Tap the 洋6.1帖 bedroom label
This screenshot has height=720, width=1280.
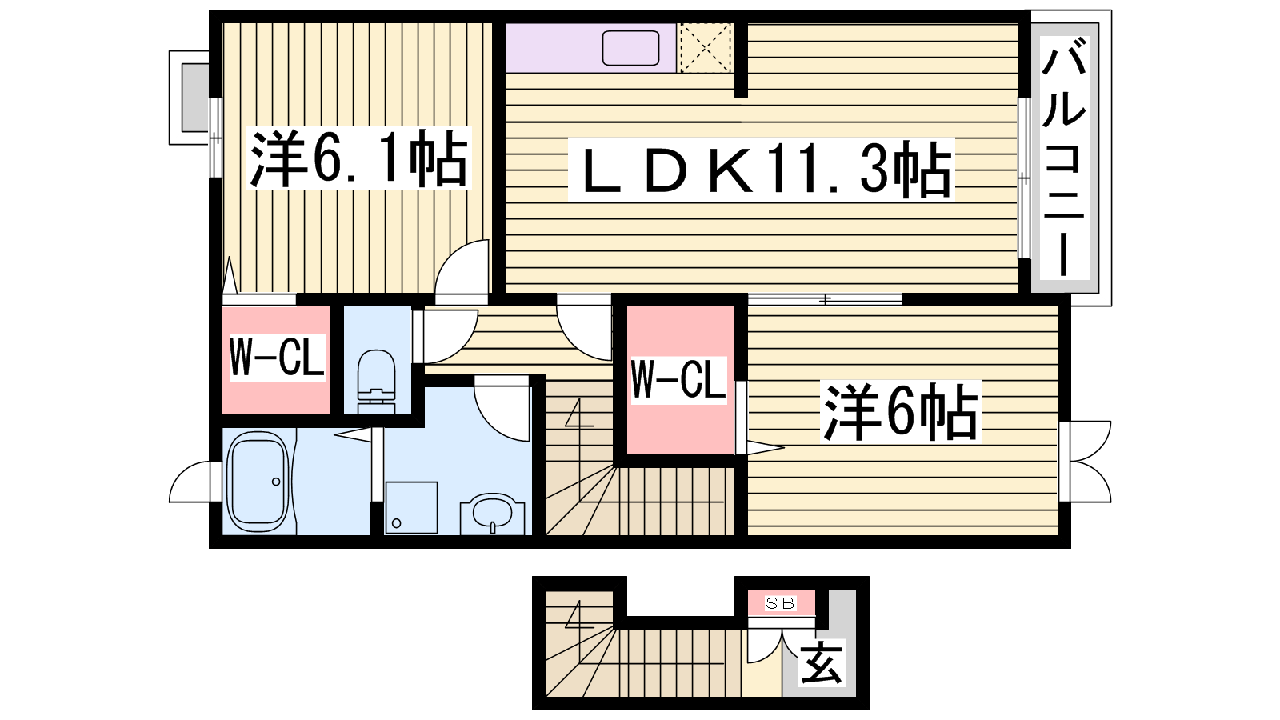[x=359, y=159]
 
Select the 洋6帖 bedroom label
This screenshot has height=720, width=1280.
[x=901, y=413]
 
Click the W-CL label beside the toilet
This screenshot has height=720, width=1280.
[x=277, y=358]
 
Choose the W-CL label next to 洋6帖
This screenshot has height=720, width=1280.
[x=678, y=380]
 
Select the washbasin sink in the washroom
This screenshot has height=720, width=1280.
[x=492, y=513]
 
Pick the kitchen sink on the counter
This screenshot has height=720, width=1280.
[x=630, y=48]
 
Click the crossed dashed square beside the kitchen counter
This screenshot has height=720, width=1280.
[x=705, y=48]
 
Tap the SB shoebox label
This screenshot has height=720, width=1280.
[x=780, y=603]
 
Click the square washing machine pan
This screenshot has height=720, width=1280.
[x=411, y=507]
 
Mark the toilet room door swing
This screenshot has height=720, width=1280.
[x=445, y=334]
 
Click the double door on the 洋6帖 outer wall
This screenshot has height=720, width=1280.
[x=1086, y=462]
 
